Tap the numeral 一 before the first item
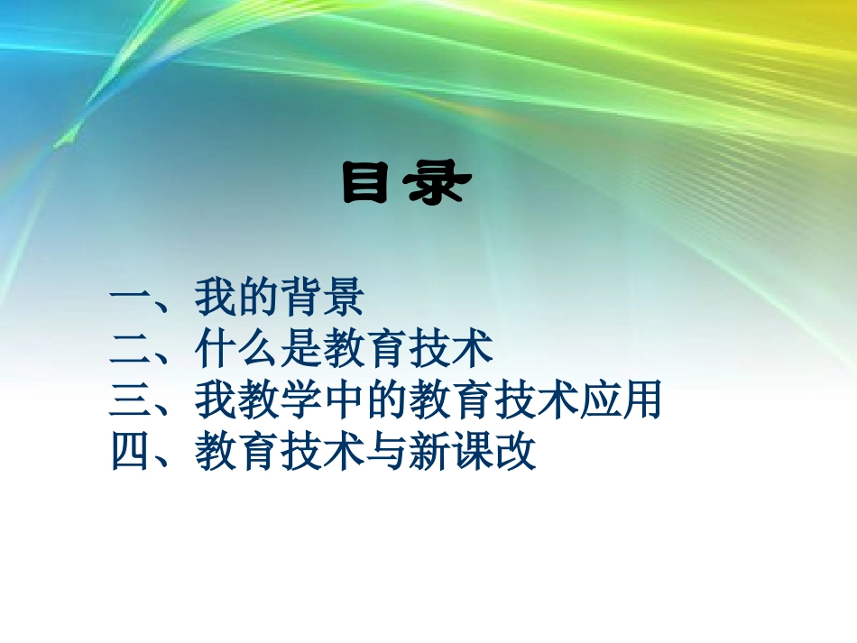coord(131,299)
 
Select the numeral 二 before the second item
coord(131,349)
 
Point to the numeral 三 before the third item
coord(131,400)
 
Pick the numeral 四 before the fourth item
coord(131,452)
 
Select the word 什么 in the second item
coord(237,349)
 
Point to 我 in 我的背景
coord(216,299)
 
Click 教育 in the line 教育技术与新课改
coord(237,452)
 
